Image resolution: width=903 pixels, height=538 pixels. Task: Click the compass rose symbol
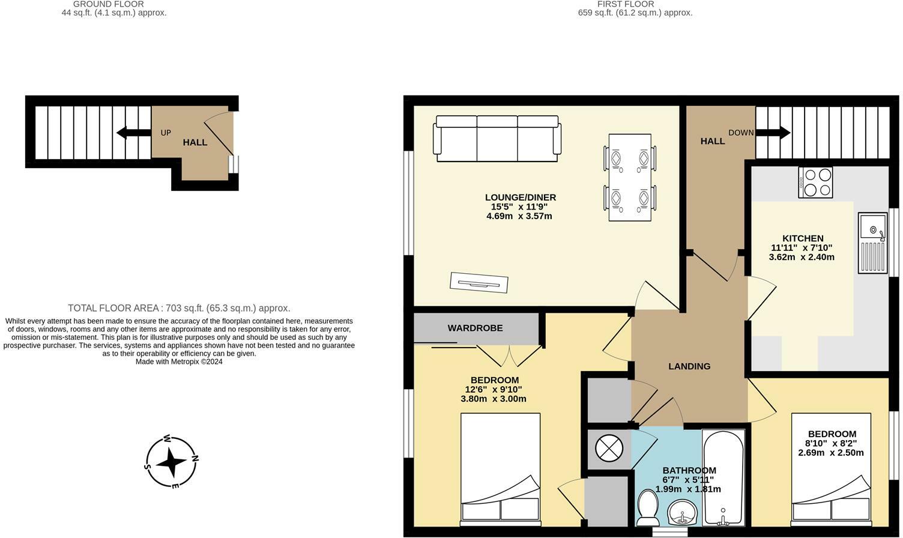click(172, 462)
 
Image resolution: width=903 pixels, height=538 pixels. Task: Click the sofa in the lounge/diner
click(498, 139)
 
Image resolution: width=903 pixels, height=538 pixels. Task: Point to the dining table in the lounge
click(629, 177)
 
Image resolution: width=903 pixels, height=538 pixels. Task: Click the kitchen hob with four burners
click(815, 182)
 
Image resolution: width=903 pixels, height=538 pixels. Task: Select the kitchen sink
click(872, 243)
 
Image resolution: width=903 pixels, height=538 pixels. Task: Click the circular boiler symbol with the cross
click(609, 448)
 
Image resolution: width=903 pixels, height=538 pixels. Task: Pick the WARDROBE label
click(475, 328)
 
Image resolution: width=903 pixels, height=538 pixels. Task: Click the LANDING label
click(689, 366)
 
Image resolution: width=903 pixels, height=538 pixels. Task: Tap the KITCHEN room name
click(802, 238)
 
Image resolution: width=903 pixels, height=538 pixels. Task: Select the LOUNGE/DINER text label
click(520, 197)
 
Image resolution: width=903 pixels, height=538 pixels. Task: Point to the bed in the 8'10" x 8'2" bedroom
click(831, 467)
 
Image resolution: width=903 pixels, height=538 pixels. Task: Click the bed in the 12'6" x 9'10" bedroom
click(500, 467)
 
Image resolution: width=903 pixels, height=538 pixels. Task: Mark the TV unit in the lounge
click(479, 282)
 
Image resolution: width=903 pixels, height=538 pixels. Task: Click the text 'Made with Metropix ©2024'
click(179, 361)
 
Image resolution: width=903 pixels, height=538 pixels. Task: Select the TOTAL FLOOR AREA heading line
click(179, 308)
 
